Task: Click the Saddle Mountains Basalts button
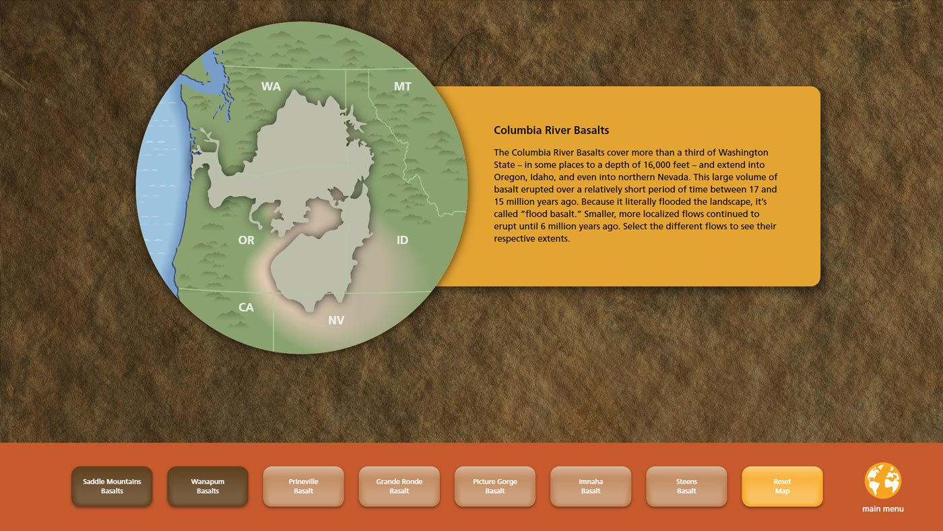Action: click(x=112, y=487)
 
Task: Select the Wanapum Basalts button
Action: click(x=207, y=487)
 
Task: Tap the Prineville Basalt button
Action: click(x=304, y=487)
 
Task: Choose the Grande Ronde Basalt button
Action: click(x=399, y=487)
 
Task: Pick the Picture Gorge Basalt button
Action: click(x=495, y=487)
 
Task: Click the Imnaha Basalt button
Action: click(x=591, y=487)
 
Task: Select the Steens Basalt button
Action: click(x=686, y=487)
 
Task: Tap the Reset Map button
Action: click(x=782, y=487)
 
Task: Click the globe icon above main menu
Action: click(x=883, y=480)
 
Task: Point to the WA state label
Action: click(x=271, y=86)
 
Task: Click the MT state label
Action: click(x=403, y=86)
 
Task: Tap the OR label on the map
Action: click(x=247, y=240)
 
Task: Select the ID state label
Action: click(x=403, y=240)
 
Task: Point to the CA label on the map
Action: click(x=247, y=307)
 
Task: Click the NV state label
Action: click(x=336, y=321)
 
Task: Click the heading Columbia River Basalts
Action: click(x=552, y=131)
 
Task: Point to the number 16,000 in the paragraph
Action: click(x=657, y=164)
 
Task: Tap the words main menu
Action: click(x=883, y=509)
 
